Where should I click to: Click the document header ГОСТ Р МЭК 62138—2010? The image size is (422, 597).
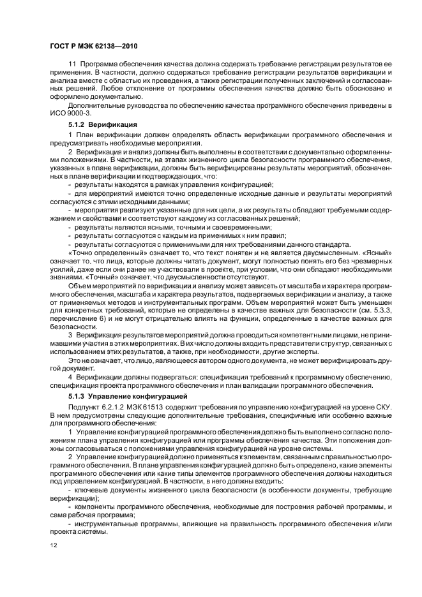(x=94, y=46)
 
